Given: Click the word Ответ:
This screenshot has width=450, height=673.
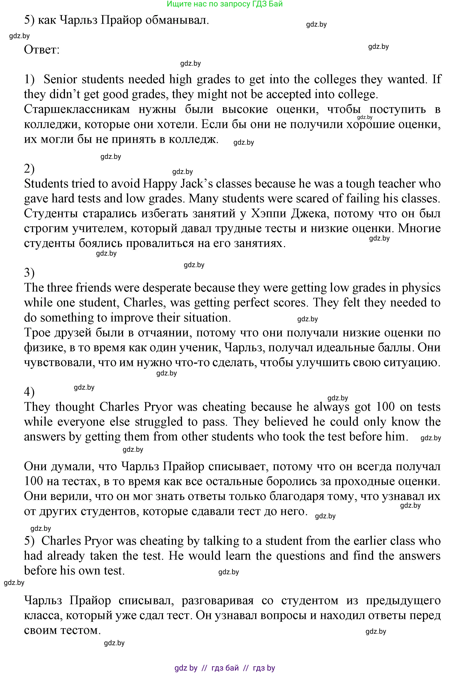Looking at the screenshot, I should point(42,50).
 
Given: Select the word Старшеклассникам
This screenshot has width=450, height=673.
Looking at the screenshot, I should point(77,109).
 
